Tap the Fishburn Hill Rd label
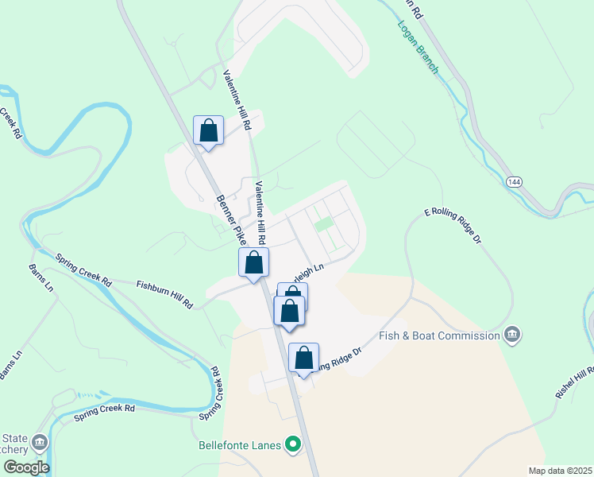point(165,293)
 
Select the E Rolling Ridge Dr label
point(453,226)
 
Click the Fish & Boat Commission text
point(439,335)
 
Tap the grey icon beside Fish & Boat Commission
point(512,335)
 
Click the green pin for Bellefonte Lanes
point(294,444)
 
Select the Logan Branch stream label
point(418,47)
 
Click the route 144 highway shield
point(515,183)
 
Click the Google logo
point(25,467)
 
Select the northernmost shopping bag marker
point(208,130)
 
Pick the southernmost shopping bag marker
point(303,359)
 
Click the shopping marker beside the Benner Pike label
point(253,262)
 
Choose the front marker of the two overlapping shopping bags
point(289,311)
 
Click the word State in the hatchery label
point(16,438)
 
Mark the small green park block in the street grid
point(322,225)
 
